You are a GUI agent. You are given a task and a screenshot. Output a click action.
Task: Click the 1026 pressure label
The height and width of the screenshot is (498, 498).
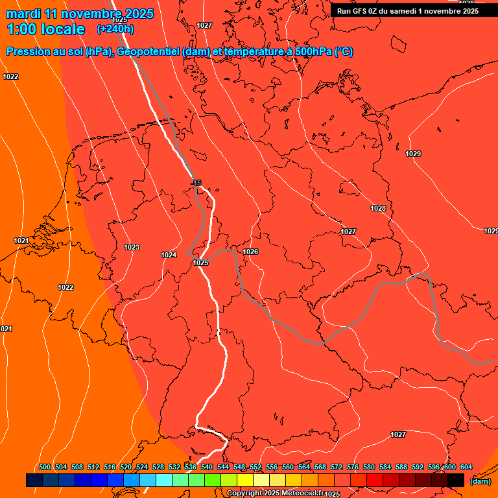point(251,252)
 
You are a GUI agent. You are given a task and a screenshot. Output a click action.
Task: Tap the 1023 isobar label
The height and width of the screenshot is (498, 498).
point(132,247)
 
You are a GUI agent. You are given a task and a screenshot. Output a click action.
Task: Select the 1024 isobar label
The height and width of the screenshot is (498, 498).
point(169,255)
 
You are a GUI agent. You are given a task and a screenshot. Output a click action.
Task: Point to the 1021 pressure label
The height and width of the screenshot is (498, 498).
point(21,241)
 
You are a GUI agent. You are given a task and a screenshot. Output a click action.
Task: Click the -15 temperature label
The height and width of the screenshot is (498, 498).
point(197,184)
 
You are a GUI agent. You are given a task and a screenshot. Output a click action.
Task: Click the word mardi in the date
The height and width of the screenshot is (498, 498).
point(23,14)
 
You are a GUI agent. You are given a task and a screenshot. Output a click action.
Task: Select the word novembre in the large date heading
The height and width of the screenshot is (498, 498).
point(90,14)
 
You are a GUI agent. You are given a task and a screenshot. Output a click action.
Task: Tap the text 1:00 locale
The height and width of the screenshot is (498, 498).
point(46,29)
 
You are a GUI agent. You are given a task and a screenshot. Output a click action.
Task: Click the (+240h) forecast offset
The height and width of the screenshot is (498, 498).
point(115,29)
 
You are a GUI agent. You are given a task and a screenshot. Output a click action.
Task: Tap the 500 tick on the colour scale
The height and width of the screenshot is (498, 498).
point(45,467)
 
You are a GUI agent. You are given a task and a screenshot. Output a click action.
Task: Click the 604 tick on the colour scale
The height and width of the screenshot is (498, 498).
point(466,467)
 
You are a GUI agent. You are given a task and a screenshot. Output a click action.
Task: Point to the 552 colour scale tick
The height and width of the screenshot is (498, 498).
point(255,467)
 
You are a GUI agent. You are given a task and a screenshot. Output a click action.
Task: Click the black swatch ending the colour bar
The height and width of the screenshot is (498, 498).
point(456,480)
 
